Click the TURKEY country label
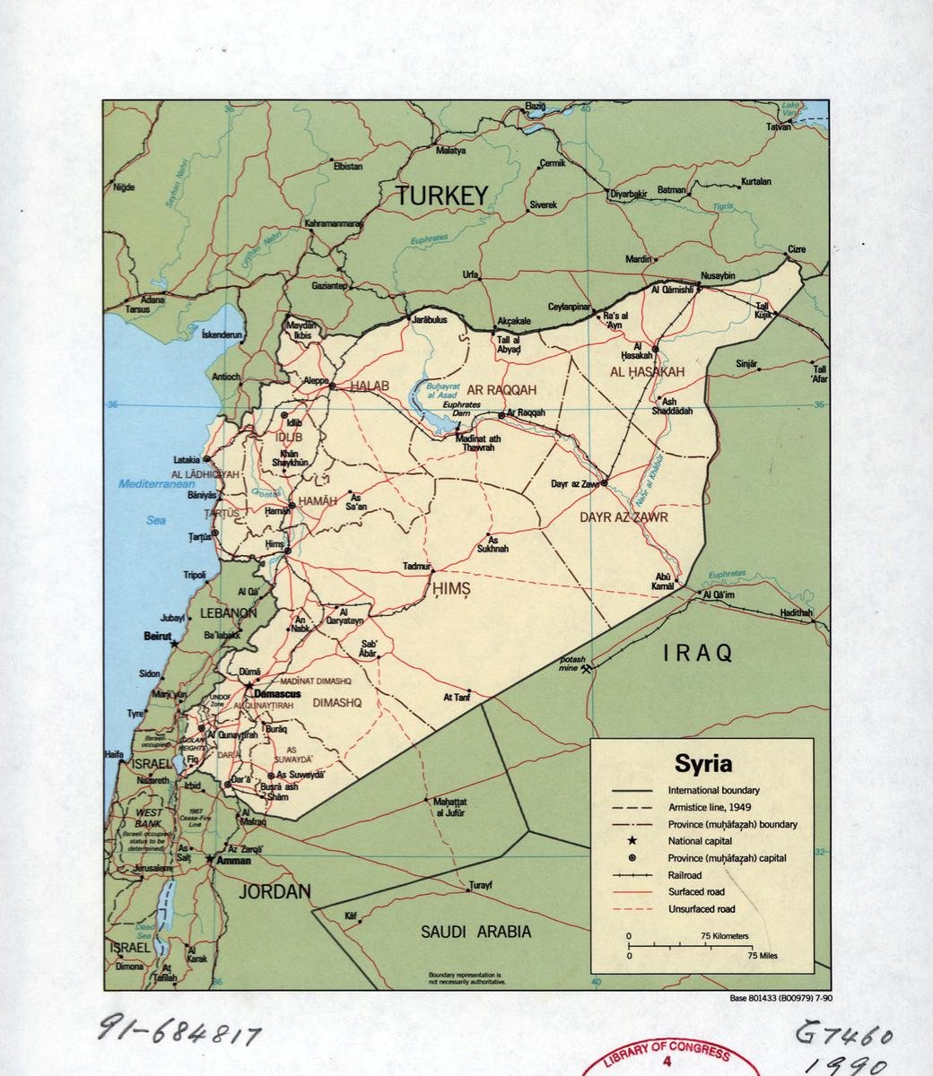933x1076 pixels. (x=442, y=195)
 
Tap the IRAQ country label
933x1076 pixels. (x=698, y=653)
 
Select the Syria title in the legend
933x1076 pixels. (x=702, y=764)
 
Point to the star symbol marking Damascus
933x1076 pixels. (x=249, y=686)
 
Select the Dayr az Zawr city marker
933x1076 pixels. (x=604, y=482)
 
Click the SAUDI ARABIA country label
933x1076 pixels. (x=475, y=932)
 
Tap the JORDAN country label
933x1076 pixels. (x=275, y=891)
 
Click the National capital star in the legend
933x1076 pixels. (x=632, y=841)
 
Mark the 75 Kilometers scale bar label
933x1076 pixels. (x=724, y=936)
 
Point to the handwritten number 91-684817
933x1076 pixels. (x=179, y=1034)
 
